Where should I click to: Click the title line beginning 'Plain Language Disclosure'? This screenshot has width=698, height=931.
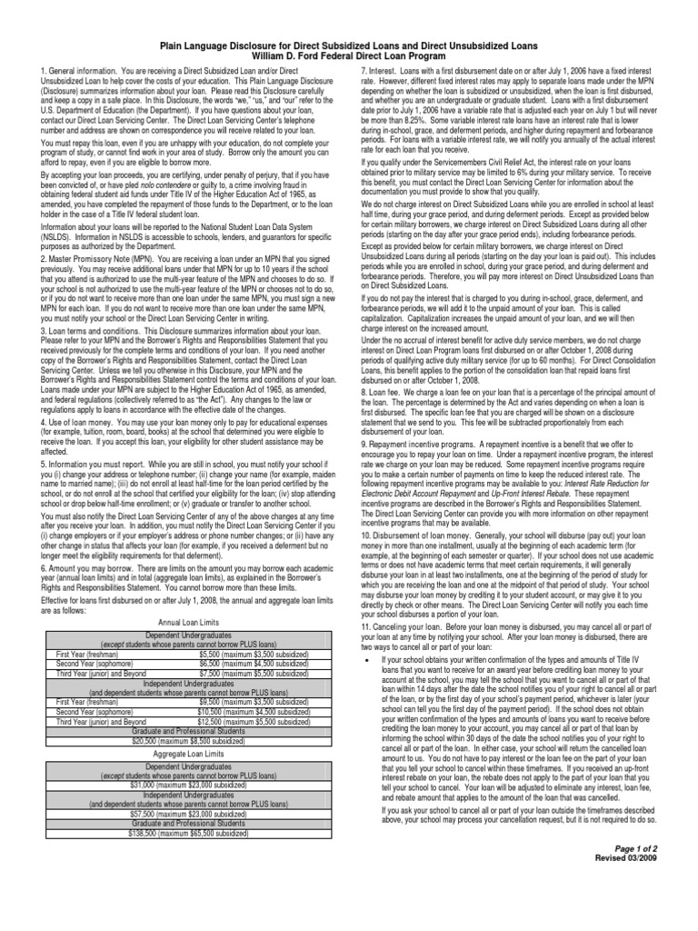coord(348,45)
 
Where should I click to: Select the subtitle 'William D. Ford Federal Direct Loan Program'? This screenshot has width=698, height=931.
coord(348,55)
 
